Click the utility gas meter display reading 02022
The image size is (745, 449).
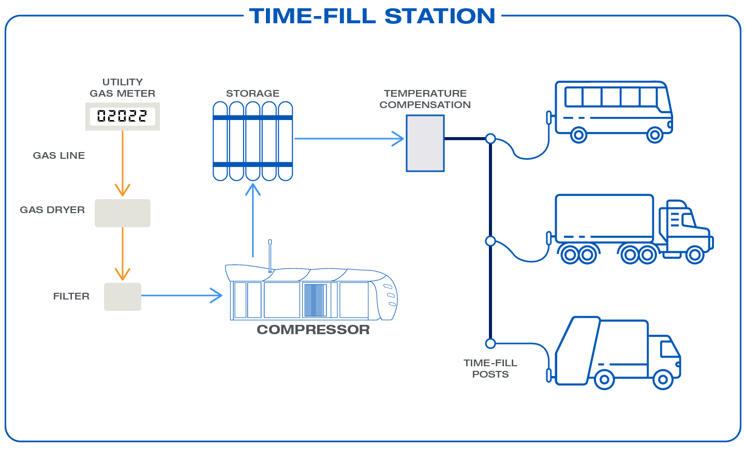click(122, 116)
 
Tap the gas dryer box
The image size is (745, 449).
click(123, 213)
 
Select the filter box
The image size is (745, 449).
click(123, 296)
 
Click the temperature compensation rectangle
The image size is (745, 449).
click(425, 143)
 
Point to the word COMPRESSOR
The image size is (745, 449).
click(313, 330)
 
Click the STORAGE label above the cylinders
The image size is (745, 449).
click(252, 94)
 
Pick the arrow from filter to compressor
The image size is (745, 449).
click(181, 295)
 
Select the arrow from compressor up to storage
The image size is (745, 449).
click(252, 220)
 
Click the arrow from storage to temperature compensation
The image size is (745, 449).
click(349, 139)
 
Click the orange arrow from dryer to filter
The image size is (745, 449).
click(123, 253)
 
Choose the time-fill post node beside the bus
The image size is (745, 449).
click(490, 139)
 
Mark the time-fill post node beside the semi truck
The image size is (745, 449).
click(490, 241)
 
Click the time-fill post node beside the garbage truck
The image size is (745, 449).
click(490, 343)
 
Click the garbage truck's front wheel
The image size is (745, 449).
click(663, 380)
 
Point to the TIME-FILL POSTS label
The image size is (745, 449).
click(490, 368)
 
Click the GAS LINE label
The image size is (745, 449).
click(59, 156)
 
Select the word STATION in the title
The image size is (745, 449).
click(440, 16)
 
